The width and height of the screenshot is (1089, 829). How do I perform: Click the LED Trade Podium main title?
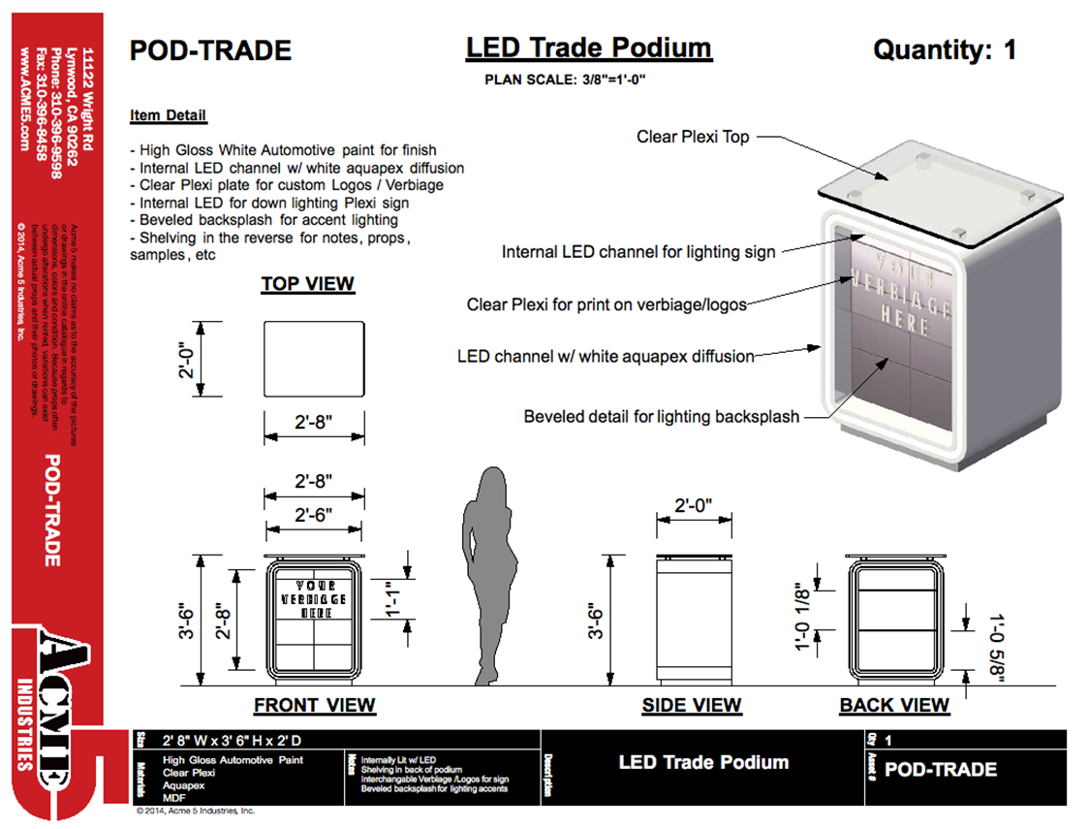(x=588, y=48)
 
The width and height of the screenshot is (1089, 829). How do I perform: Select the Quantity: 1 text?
(x=945, y=49)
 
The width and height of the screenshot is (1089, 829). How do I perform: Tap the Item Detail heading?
(x=169, y=115)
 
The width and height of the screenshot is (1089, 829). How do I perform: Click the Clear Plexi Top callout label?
(x=692, y=137)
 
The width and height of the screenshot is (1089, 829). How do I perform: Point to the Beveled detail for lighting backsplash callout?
(x=661, y=417)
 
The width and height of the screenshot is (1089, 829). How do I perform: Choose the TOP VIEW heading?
(x=307, y=284)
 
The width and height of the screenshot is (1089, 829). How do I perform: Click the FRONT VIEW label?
(x=314, y=705)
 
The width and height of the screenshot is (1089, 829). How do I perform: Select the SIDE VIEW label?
(x=691, y=705)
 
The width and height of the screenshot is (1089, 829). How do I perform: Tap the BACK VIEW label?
(x=894, y=705)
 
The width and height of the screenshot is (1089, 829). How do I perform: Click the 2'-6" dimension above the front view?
(x=315, y=515)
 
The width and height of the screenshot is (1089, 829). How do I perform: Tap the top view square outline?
(x=314, y=359)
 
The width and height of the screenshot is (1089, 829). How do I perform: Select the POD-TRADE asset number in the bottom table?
(x=940, y=770)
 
